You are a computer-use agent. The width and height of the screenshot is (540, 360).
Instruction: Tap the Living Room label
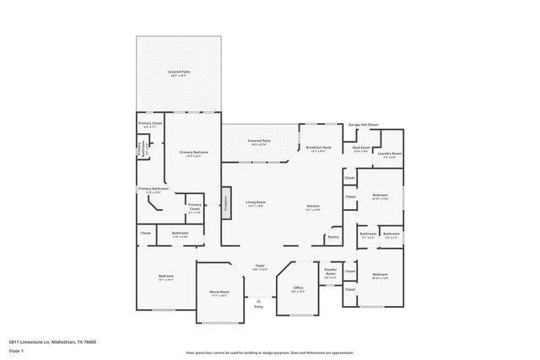(256, 202)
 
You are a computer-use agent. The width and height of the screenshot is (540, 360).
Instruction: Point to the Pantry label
(333, 238)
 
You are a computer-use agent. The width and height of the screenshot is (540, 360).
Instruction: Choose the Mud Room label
(361, 148)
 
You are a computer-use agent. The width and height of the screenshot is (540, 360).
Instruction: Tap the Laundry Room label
(389, 153)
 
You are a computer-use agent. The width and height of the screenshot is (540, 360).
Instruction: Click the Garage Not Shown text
(364, 124)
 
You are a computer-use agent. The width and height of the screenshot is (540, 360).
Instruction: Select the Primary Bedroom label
(193, 153)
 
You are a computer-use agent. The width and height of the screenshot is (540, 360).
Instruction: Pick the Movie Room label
(219, 293)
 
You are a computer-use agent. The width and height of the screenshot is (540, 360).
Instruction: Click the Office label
(298, 288)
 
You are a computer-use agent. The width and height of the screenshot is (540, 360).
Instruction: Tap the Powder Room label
(331, 271)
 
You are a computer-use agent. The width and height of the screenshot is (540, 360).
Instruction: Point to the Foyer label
(260, 266)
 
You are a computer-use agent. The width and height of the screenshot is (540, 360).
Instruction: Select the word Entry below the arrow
(259, 307)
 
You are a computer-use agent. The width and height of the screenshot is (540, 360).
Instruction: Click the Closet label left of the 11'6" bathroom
(146, 233)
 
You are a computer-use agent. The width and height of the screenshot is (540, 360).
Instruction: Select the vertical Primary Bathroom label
(140, 149)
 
